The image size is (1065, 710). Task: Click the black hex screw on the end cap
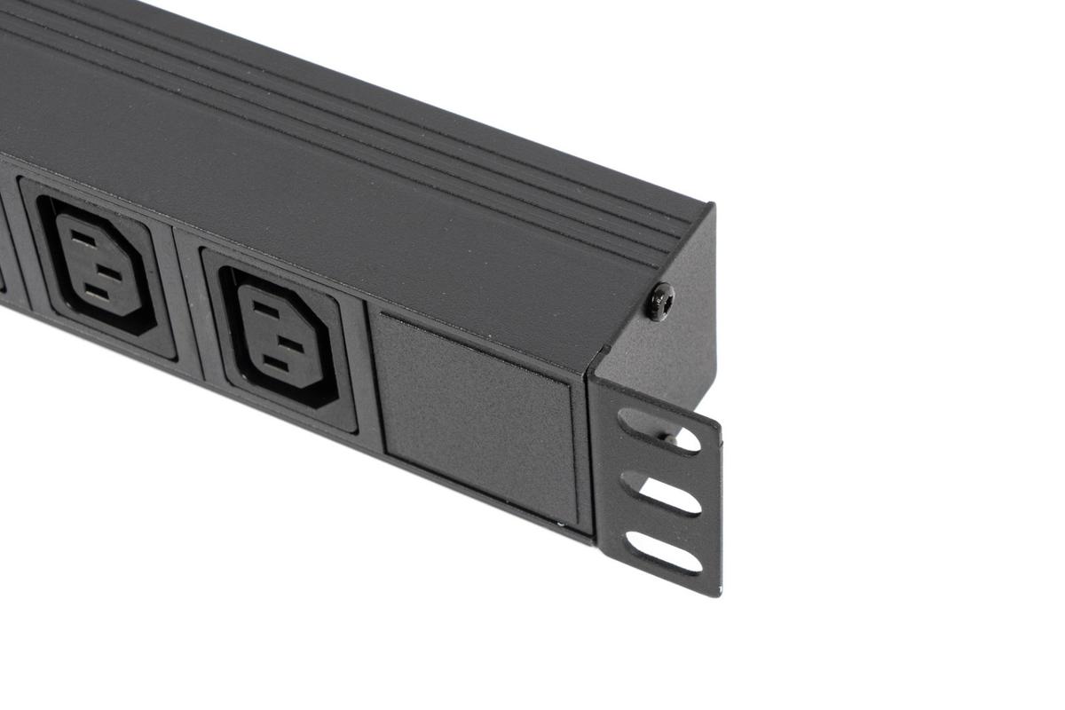click(659, 302)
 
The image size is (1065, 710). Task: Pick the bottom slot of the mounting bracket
click(663, 552)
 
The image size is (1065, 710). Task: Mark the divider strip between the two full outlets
click(188, 302)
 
